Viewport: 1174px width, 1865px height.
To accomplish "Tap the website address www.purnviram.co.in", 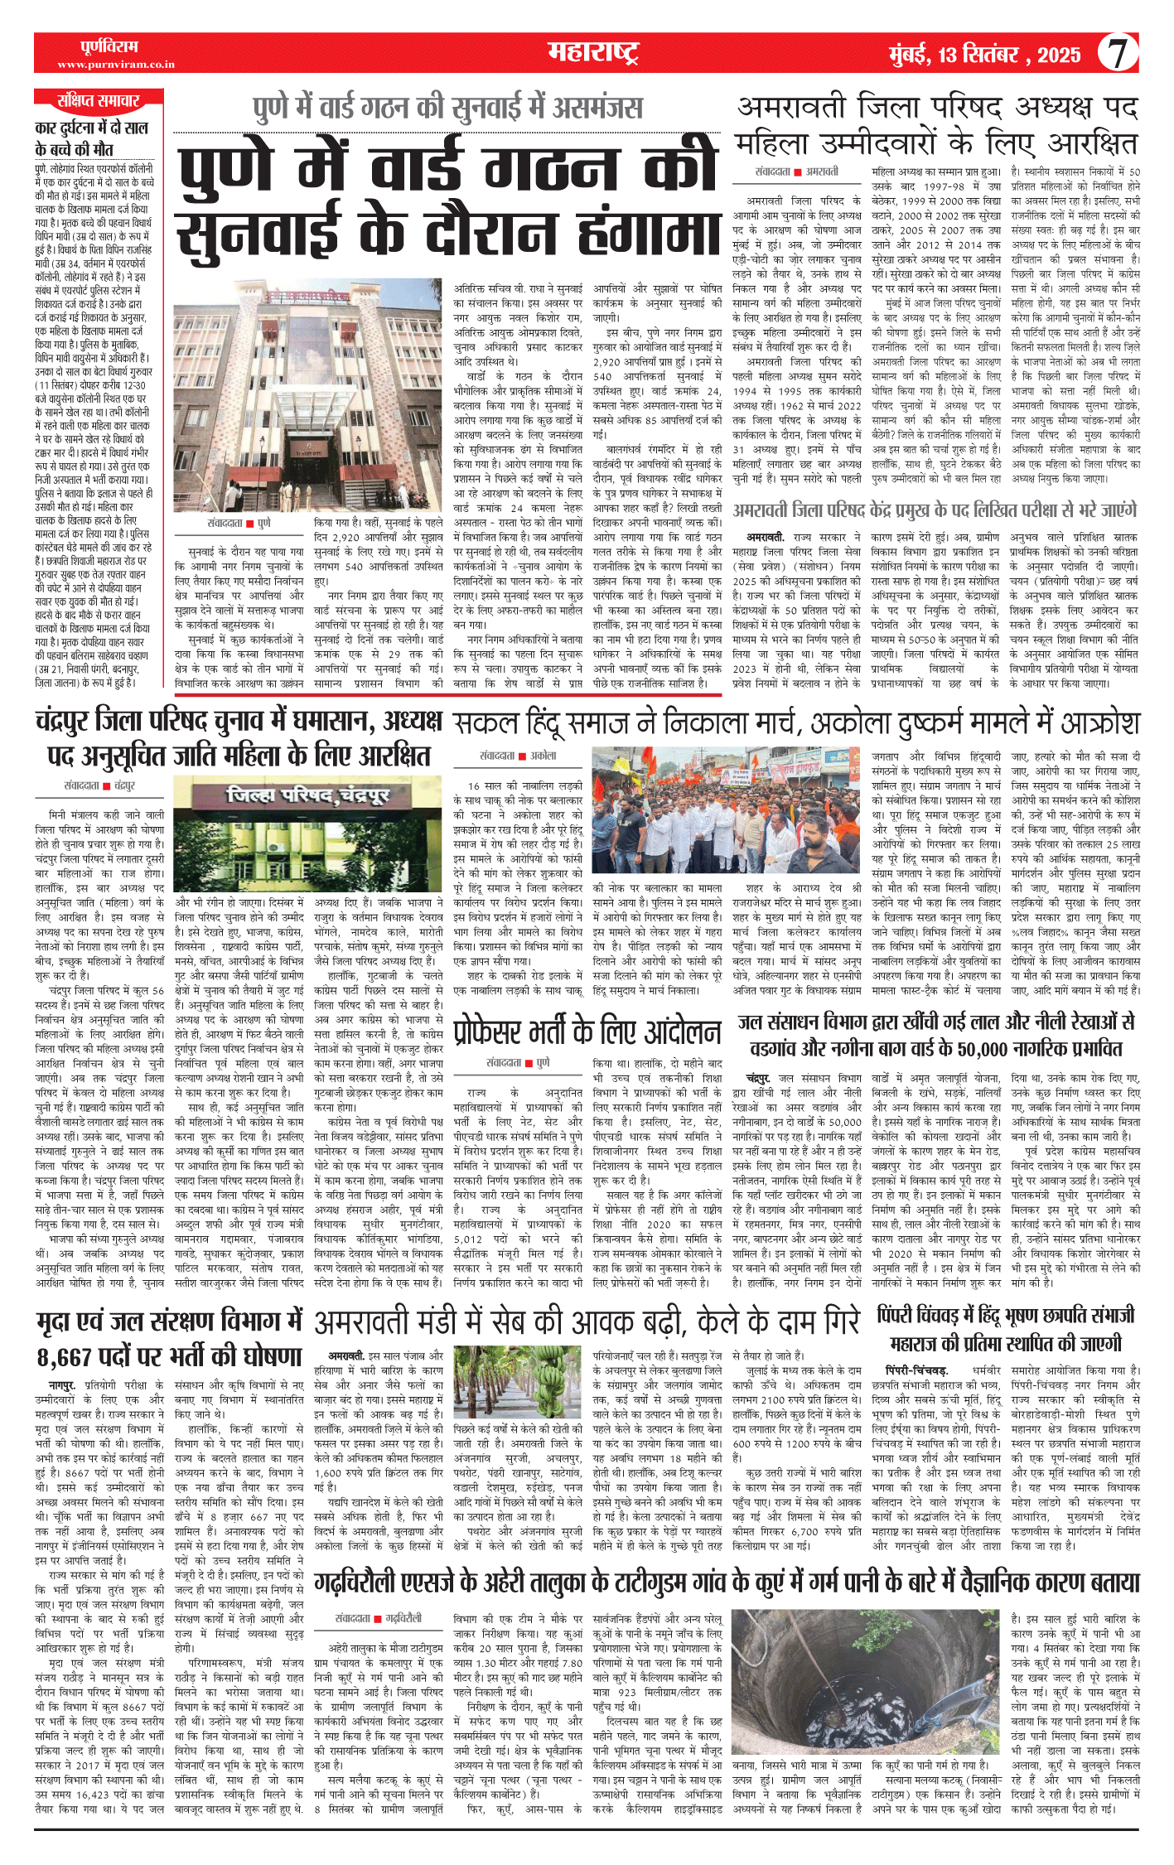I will click(x=116, y=65).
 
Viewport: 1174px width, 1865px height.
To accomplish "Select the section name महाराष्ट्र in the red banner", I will click(x=593, y=53).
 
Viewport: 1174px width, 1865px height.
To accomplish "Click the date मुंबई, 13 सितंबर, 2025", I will click(x=984, y=56).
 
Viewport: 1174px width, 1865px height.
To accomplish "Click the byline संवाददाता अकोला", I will click(x=518, y=756).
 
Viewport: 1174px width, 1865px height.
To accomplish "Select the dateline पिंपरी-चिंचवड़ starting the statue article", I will click(x=916, y=1370).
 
